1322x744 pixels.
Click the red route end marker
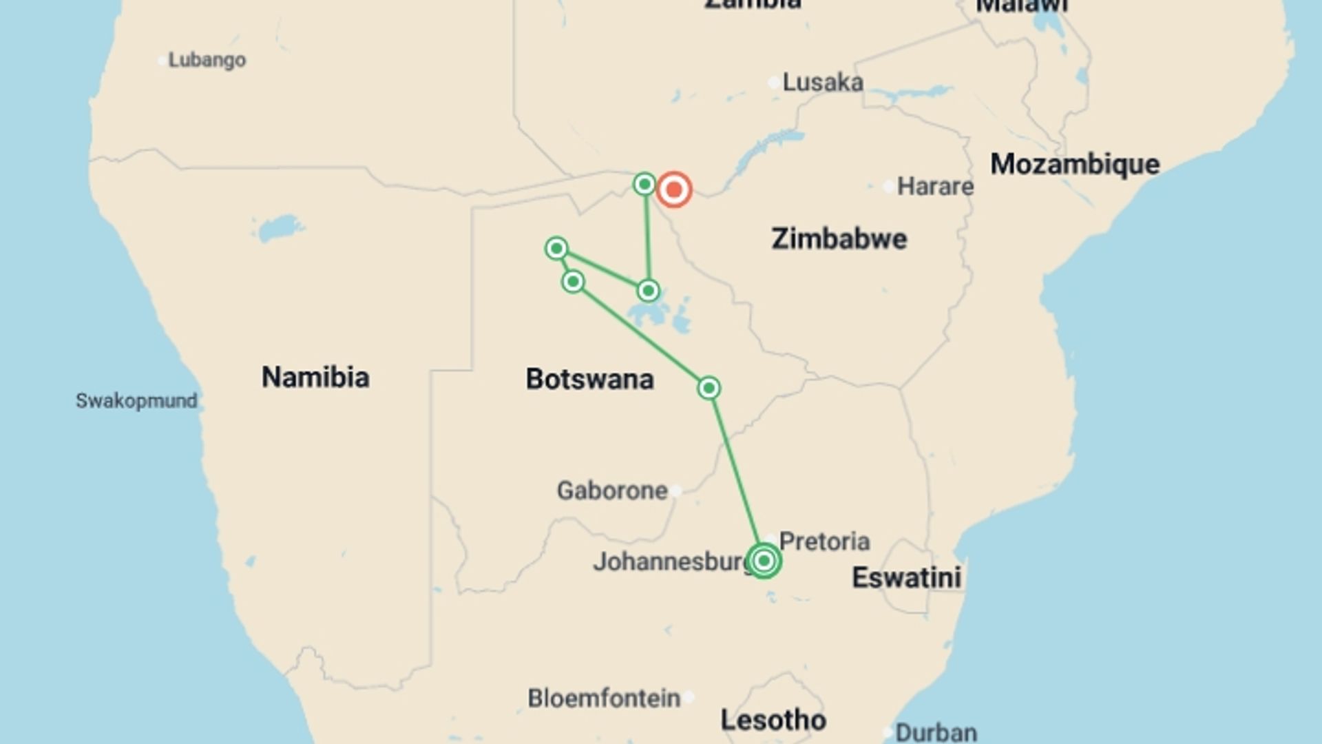point(673,189)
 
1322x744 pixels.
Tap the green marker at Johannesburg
point(763,561)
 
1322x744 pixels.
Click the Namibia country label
point(315,378)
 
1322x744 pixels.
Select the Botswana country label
point(589,380)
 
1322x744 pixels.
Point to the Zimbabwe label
point(839,239)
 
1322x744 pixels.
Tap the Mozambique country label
point(1075,164)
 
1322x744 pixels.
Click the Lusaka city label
point(822,83)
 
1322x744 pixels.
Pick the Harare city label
point(935,186)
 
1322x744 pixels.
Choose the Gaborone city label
point(611,490)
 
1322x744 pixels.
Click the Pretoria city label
point(824,541)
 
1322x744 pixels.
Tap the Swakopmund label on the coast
point(136,401)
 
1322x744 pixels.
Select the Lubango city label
point(207,60)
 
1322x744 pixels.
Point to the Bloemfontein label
point(604,698)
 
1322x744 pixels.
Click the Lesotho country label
point(773,721)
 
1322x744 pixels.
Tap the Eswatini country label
point(906,577)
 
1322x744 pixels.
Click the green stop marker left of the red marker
point(644,184)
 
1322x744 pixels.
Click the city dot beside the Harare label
point(888,186)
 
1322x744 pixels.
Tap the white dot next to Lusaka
point(774,83)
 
